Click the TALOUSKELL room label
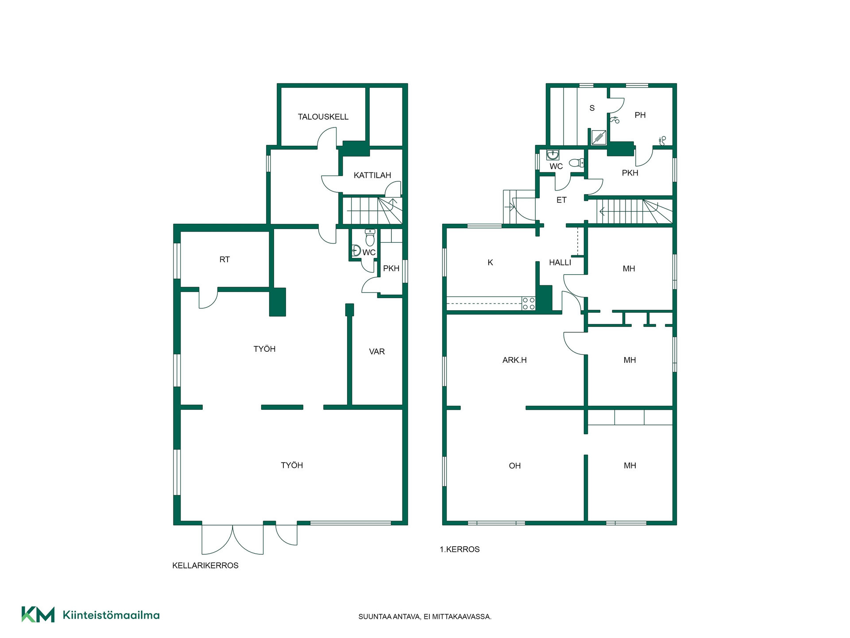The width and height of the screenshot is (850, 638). coord(323,117)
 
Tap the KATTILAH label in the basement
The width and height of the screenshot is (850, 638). coord(372,175)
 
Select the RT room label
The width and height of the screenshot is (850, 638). coord(224,260)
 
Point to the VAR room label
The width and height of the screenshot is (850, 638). coord(377,352)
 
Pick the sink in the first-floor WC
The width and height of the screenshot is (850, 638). coord(552,155)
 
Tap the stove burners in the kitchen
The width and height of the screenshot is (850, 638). coord(529,303)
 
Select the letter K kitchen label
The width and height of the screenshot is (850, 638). coord(490,263)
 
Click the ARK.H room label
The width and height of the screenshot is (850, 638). coord(514,360)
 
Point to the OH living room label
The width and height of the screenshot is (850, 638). coord(514,466)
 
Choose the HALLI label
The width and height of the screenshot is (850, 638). coord(560,263)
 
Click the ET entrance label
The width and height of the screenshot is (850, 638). coord(561,200)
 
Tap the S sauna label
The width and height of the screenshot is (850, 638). coord(592,108)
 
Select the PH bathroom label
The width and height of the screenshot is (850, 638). coord(640,115)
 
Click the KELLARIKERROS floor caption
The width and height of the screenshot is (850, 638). coord(205,565)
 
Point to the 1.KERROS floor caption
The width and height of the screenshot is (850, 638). coord(460,549)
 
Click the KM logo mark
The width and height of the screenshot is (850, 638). coord(38,615)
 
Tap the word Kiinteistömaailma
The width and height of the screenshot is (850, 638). coord(111,615)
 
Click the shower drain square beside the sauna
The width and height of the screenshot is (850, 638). coord(599,137)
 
